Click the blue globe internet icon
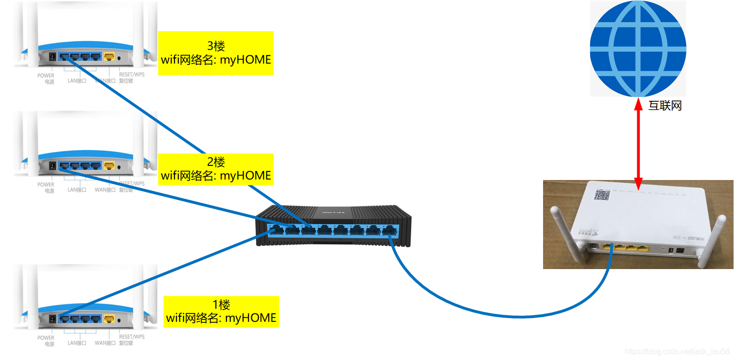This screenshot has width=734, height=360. [638, 49]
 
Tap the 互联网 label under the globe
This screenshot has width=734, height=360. [665, 106]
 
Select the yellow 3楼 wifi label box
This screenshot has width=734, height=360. [216, 53]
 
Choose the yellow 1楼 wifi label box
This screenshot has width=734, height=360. [221, 311]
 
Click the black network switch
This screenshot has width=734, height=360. [334, 226]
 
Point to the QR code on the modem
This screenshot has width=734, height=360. [602, 195]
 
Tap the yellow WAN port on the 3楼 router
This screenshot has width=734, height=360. [109, 57]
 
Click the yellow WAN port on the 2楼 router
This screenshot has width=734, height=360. [109, 166]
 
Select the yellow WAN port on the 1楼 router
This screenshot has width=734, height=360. [109, 319]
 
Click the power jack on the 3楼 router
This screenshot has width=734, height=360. [52, 57]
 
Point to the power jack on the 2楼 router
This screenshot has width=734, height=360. [52, 166]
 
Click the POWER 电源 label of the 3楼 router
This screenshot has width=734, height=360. [46, 78]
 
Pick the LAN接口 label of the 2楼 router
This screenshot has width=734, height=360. [77, 190]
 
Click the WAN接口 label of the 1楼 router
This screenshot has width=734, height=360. [105, 343]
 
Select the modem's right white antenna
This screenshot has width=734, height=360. [714, 240]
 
